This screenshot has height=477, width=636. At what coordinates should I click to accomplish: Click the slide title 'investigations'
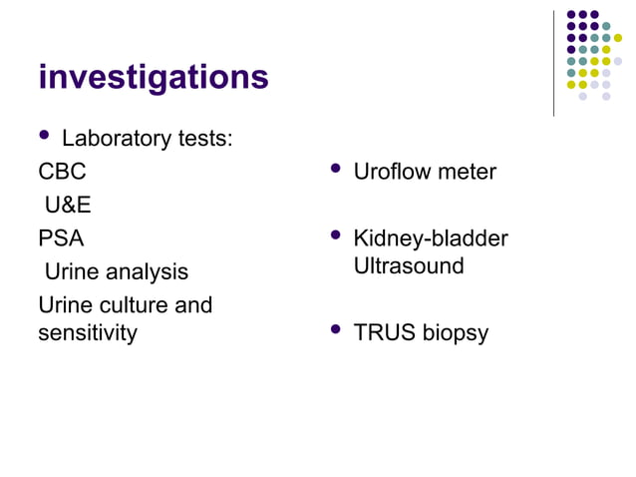click(x=153, y=77)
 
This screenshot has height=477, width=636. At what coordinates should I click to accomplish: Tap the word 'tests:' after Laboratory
click(x=205, y=138)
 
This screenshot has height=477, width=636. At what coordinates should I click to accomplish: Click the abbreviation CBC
click(x=62, y=172)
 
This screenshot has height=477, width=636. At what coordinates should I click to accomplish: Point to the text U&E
click(x=68, y=206)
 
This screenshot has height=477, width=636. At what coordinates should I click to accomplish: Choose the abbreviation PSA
click(x=61, y=238)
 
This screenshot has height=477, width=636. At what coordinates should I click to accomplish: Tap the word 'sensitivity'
click(x=87, y=332)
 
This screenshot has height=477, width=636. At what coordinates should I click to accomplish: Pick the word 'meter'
click(x=467, y=172)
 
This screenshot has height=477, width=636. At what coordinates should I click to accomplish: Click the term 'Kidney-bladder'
click(x=430, y=238)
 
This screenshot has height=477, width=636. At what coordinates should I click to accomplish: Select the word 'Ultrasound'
click(x=408, y=266)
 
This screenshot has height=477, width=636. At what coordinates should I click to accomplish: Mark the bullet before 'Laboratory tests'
click(x=44, y=136)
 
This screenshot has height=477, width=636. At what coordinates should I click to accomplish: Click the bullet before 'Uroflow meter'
click(x=336, y=169)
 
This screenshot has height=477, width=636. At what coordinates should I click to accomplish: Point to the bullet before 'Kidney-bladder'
click(x=336, y=237)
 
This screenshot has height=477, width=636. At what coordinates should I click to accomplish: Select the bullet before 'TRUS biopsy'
click(x=336, y=330)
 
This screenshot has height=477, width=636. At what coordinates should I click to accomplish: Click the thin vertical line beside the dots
click(x=553, y=62)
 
